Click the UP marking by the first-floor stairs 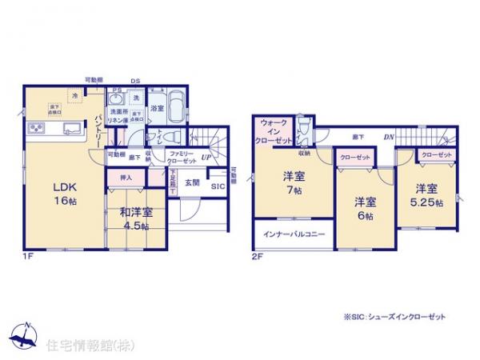206,157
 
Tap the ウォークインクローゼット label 275,131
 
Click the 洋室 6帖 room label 365,208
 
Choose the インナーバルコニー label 290,235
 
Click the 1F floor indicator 29,256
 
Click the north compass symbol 27,334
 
